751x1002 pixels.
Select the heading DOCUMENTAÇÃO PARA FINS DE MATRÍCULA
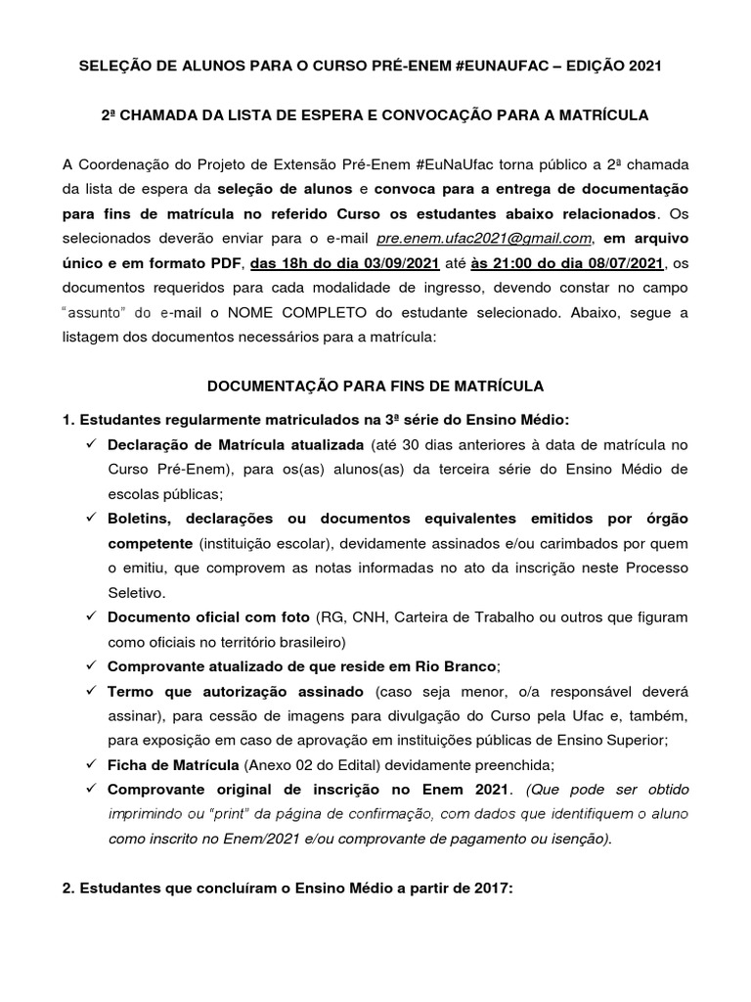click(375, 387)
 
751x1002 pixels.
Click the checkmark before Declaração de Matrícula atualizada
click(90, 444)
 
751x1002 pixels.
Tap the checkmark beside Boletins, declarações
click(90, 518)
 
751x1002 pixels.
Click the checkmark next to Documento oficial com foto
click(90, 616)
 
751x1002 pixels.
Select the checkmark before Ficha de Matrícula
click(90, 765)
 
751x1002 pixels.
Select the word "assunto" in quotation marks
click(99, 312)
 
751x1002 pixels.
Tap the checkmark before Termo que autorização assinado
click(90, 691)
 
